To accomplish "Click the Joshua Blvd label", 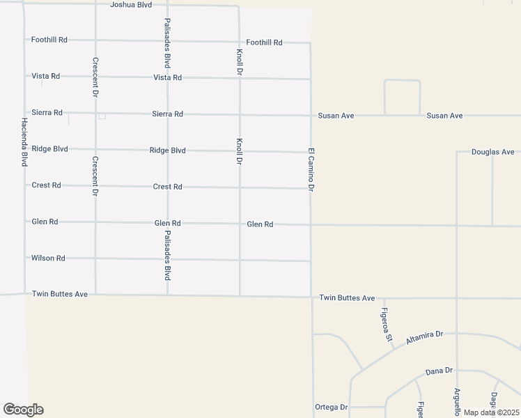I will [132, 5].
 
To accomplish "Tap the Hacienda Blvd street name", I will [24, 141].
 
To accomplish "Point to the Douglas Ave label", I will [492, 152].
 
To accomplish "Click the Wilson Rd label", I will [48, 258].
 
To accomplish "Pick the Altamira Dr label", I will [424, 336].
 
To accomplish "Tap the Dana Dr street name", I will [439, 371].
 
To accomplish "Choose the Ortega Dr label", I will [331, 408].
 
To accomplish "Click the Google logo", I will [23, 410].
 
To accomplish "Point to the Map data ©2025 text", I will [490, 412].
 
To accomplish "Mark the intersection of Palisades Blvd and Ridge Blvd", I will [168, 150].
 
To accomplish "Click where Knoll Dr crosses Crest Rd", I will [240, 187].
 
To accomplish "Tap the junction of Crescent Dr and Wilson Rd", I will [95, 258].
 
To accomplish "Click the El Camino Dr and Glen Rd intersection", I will [311, 224].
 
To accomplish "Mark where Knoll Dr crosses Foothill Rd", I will [239, 42].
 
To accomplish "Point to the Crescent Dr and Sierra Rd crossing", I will [95, 113].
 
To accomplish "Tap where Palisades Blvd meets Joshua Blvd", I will [167, 6].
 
